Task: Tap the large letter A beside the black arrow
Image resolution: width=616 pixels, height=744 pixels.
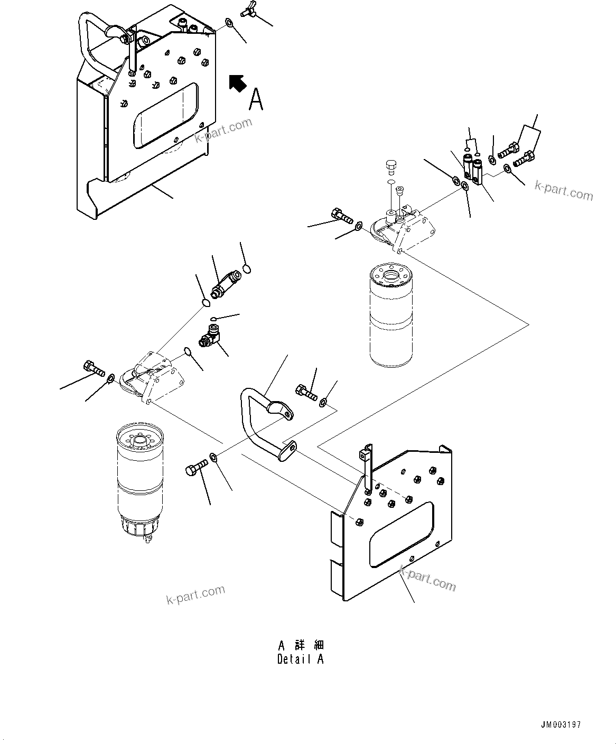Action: (256, 99)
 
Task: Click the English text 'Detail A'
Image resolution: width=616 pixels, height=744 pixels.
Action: (300, 659)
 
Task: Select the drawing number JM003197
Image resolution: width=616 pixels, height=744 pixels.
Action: (561, 724)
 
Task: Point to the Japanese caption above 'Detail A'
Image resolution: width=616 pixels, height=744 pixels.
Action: (301, 645)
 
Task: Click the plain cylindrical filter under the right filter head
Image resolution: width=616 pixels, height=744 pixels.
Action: (390, 317)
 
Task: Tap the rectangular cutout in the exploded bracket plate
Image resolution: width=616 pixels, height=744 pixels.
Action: (402, 534)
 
